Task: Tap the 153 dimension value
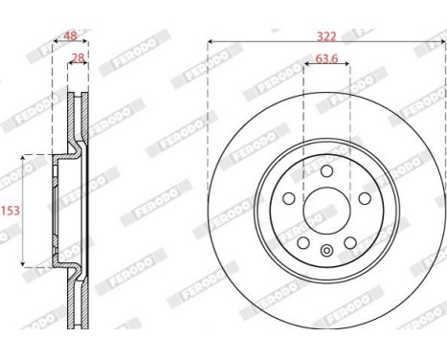9,209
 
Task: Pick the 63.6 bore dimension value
326,59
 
